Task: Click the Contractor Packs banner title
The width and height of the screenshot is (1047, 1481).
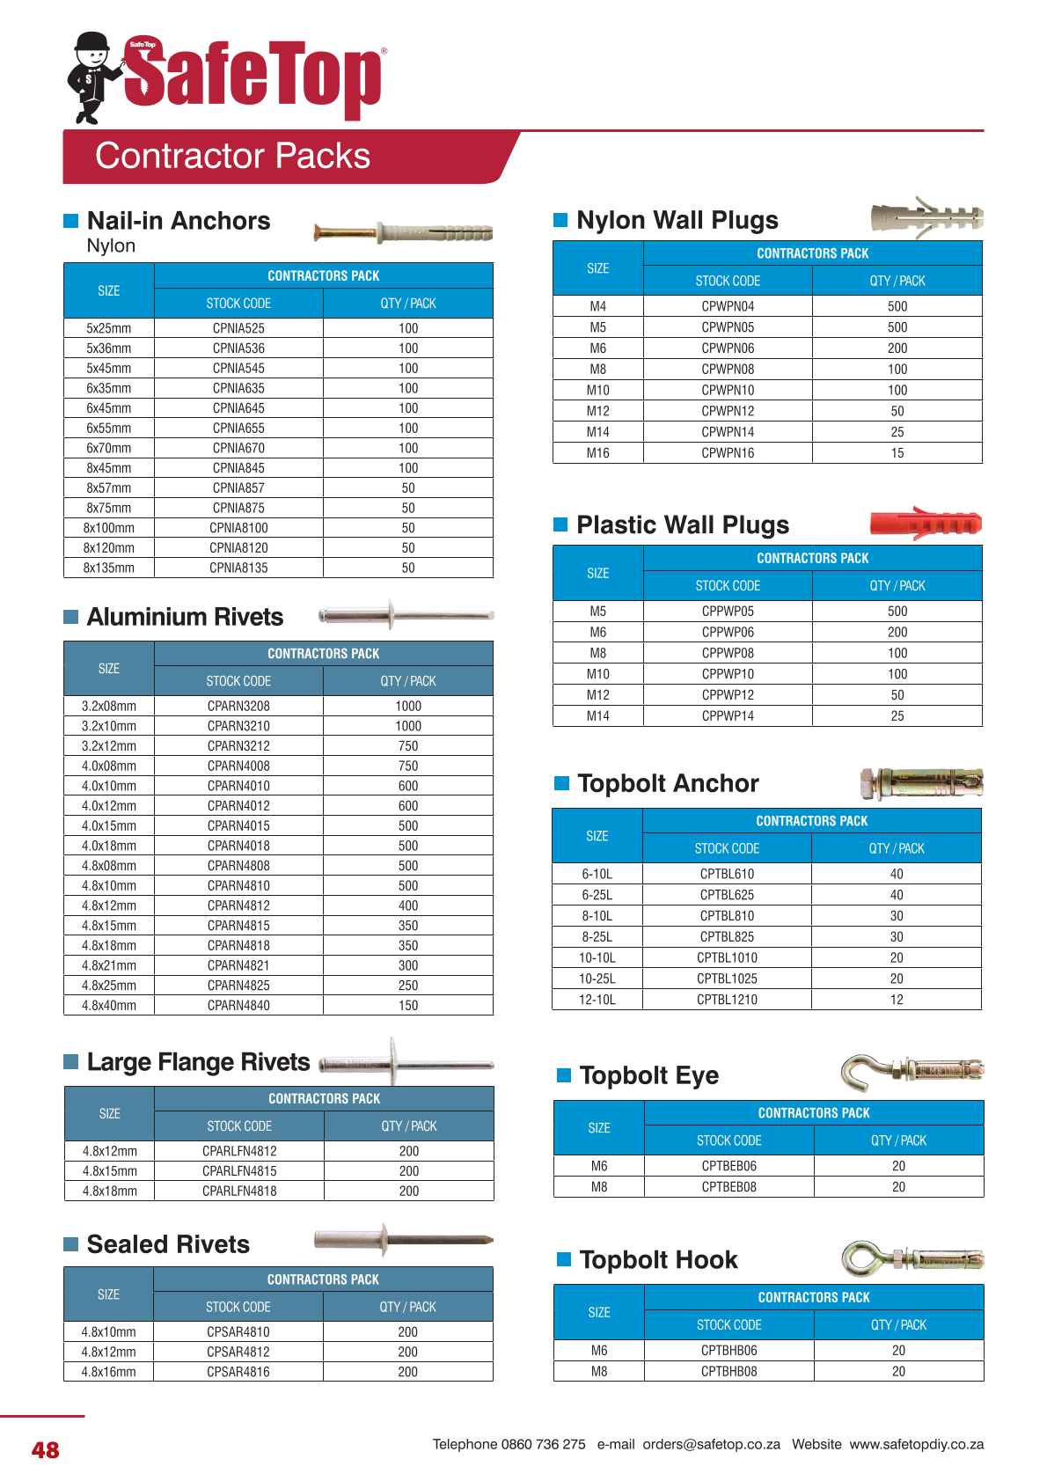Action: click(x=232, y=156)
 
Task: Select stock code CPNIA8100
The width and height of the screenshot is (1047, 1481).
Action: click(x=238, y=528)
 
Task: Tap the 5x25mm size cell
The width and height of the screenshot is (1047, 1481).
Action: click(x=108, y=328)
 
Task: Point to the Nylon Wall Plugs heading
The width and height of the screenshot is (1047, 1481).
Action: click(x=677, y=220)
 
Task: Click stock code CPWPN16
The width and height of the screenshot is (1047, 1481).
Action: click(x=728, y=453)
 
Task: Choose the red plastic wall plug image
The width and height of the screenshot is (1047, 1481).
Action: click(x=925, y=524)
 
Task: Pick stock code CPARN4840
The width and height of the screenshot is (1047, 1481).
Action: click(x=238, y=1006)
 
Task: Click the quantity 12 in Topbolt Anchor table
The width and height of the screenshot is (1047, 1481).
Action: click(x=897, y=1000)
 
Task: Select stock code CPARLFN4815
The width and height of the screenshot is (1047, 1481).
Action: click(x=239, y=1171)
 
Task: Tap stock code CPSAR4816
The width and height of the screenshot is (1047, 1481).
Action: click(x=238, y=1372)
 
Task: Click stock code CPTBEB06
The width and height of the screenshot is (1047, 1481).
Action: click(x=729, y=1166)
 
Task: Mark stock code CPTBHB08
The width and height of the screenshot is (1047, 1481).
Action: click(x=729, y=1371)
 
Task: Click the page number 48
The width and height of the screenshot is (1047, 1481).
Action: click(x=46, y=1450)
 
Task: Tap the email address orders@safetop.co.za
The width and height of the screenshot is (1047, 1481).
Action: click(x=711, y=1444)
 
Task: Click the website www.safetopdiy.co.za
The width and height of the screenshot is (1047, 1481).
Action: click(x=916, y=1444)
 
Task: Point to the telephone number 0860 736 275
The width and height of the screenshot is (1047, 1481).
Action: click(x=543, y=1444)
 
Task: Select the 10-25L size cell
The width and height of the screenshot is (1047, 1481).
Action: click(x=597, y=979)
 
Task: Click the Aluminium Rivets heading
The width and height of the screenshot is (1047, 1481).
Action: click(x=185, y=617)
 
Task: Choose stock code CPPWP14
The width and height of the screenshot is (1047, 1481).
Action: click(x=728, y=716)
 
